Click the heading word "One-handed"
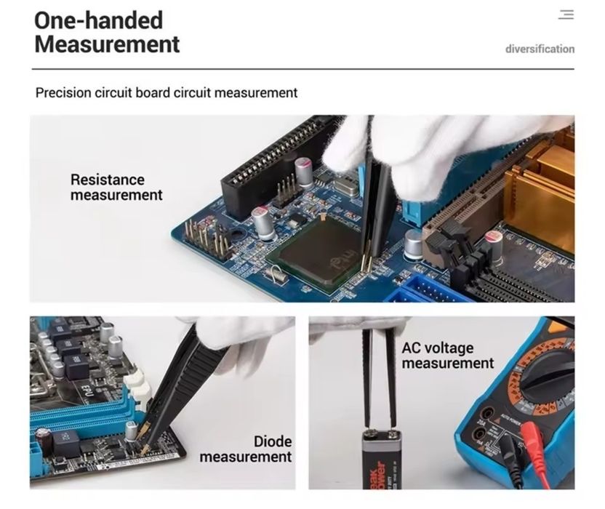point(98,20)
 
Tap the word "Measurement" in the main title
point(108,44)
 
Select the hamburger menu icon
point(566,15)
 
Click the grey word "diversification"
point(540,49)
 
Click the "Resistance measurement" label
point(116,187)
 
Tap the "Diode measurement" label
point(246,449)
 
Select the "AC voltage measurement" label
point(448,356)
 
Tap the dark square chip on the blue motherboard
point(321,251)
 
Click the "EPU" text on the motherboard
point(87,390)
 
